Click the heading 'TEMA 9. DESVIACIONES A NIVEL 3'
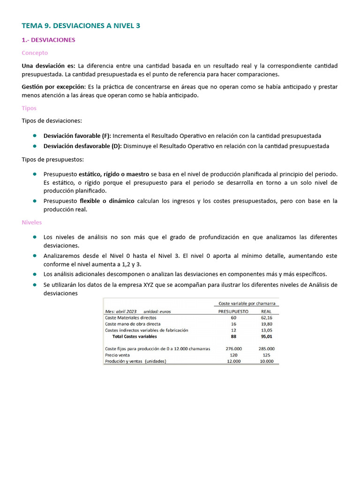[81, 26]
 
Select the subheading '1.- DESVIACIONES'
[48, 40]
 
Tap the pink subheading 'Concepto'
[35, 53]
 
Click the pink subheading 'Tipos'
[29, 108]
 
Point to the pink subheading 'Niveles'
[32, 222]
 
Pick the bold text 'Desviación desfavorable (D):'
[82, 146]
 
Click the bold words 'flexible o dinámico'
[107, 201]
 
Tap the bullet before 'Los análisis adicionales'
[35, 274]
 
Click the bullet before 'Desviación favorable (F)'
[35, 135]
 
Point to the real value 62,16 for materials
[266, 317]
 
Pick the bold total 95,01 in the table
[266, 336]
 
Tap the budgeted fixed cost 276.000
[233, 349]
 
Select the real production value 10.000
[266, 361]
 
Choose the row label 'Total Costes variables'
[135, 336]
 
